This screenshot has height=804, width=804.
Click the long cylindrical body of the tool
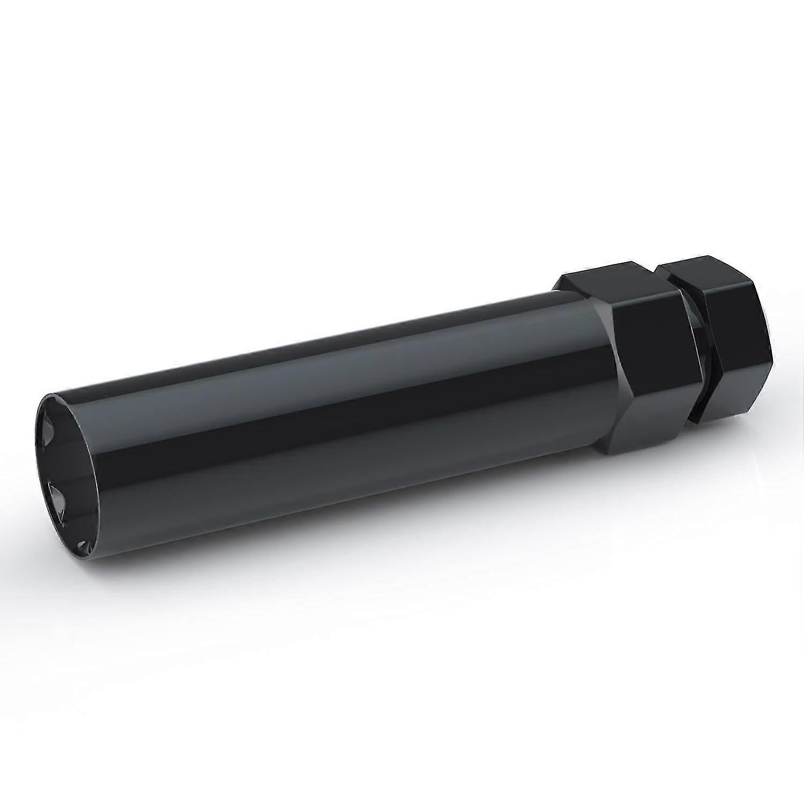[322, 418]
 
